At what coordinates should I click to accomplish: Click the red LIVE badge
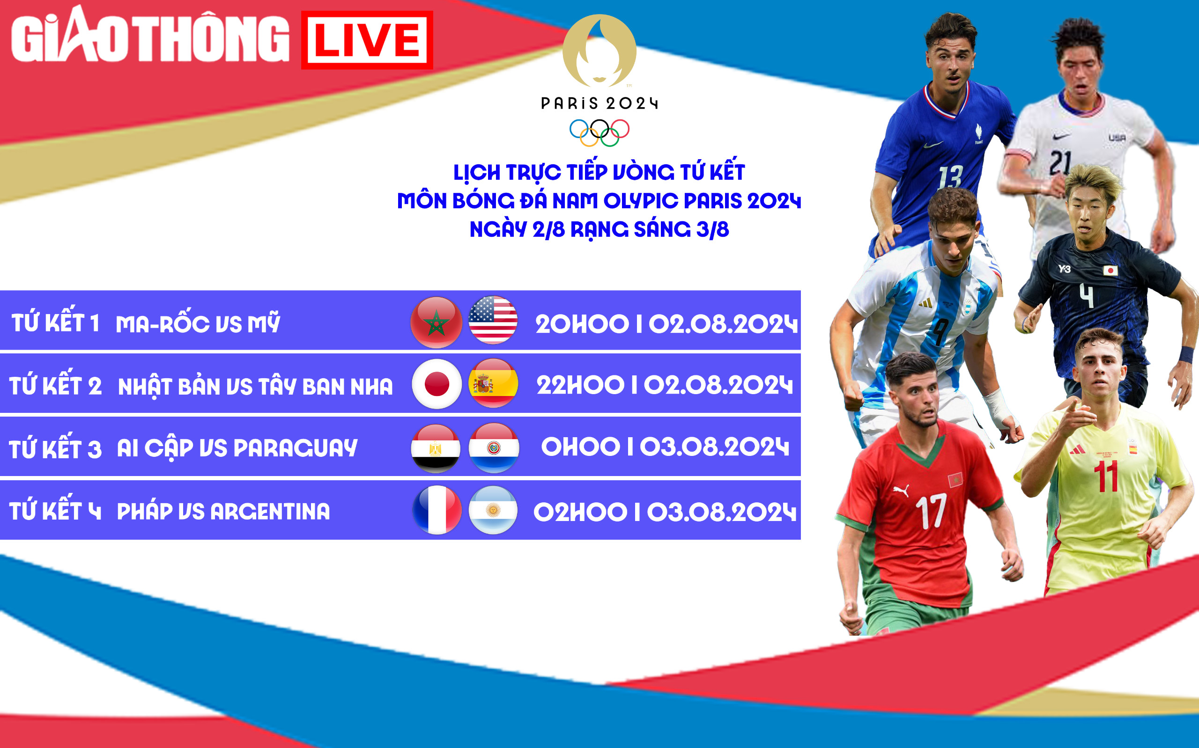[x=367, y=40]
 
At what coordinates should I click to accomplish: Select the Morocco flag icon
[x=436, y=322]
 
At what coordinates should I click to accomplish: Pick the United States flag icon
[x=493, y=320]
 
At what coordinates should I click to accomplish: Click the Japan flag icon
[x=437, y=384]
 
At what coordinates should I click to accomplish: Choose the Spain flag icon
[x=493, y=383]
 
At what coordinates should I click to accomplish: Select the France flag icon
[x=437, y=510]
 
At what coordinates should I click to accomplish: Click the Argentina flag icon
[x=493, y=510]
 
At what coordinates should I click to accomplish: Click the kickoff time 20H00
[x=582, y=324]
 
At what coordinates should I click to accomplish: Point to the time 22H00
[x=580, y=385]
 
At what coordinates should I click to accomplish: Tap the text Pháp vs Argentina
[x=223, y=511]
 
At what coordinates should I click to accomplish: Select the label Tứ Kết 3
[x=55, y=448]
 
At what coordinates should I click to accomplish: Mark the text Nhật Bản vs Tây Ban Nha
[x=255, y=386]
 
